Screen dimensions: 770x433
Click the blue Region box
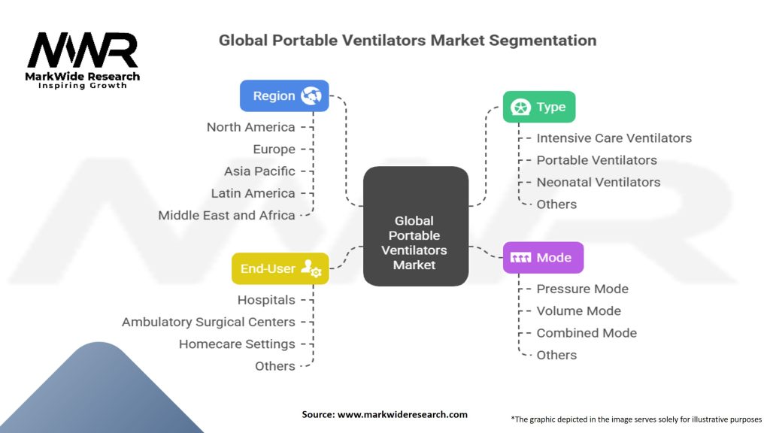click(x=283, y=95)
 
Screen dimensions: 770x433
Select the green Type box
click(x=538, y=107)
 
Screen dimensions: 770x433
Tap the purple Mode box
click(x=543, y=257)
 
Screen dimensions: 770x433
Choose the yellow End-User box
click(x=280, y=268)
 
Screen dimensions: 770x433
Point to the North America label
click(x=250, y=127)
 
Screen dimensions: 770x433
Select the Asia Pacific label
click(x=259, y=171)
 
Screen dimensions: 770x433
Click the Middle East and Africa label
click(x=226, y=215)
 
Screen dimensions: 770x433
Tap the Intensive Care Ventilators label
click(x=614, y=138)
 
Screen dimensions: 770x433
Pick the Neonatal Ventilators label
click(x=598, y=182)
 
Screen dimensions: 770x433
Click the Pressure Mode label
click(x=582, y=289)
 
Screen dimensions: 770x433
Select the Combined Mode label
click(x=587, y=333)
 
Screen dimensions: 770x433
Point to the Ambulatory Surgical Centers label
click(x=208, y=322)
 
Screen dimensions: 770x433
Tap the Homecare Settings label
click(x=237, y=344)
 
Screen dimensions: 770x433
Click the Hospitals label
click(x=266, y=300)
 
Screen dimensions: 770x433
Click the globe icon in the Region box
click(x=311, y=95)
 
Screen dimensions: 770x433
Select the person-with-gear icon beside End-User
click(x=311, y=268)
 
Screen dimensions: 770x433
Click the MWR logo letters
click(x=83, y=51)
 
